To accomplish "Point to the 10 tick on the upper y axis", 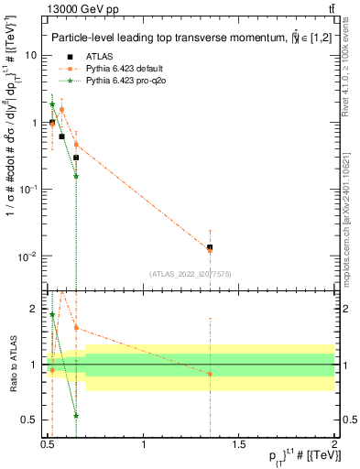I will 36,55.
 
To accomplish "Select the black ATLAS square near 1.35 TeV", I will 210,247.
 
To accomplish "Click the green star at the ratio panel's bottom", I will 76,415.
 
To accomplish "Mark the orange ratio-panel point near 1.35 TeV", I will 210,374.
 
